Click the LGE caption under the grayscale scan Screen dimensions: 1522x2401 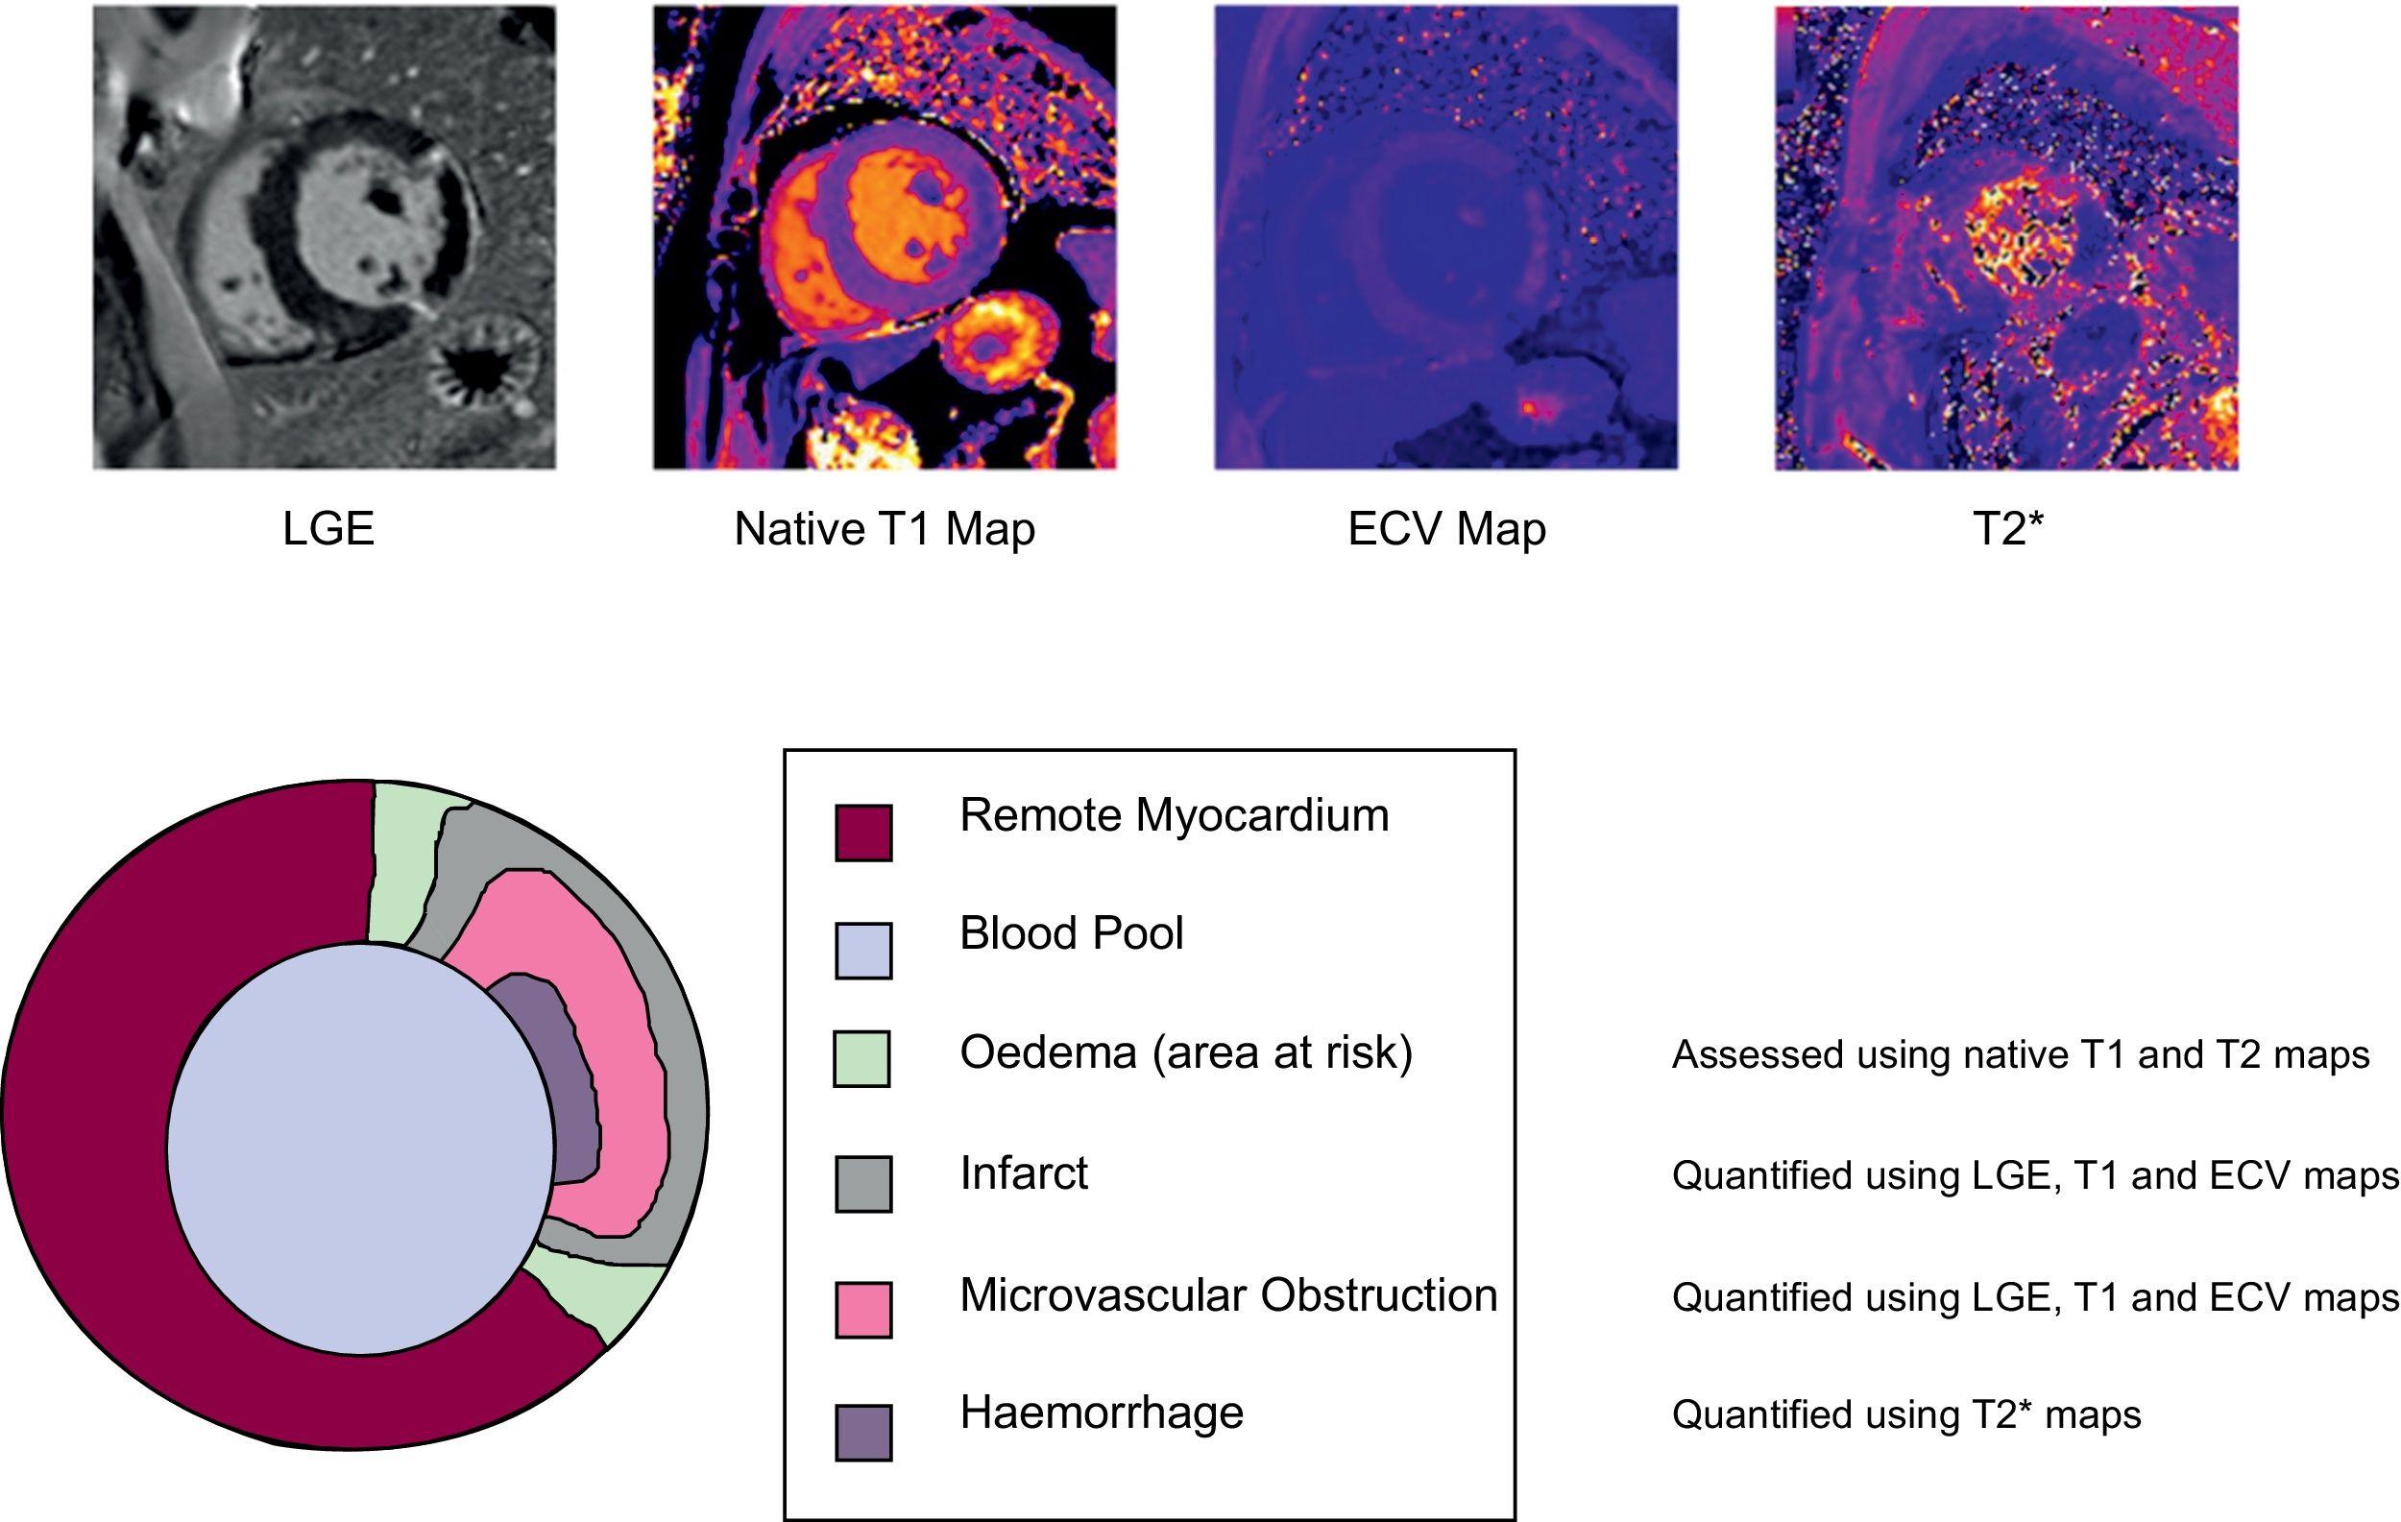pyautogui.click(x=328, y=528)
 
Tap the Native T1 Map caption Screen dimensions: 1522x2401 pyautogui.click(x=885, y=528)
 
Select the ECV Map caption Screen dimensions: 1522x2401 pyautogui.click(x=1445, y=528)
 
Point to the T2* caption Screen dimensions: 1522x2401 pyautogui.click(x=2008, y=528)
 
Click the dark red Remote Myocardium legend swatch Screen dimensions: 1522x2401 pyautogui.click(x=862, y=833)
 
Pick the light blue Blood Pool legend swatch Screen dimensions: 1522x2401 pyautogui.click(x=862, y=950)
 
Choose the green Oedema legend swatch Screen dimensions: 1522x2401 pyautogui.click(x=861, y=1058)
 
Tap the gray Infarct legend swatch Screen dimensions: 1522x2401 pyautogui.click(x=862, y=1183)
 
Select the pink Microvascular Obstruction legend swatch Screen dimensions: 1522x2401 pyautogui.click(x=862, y=1309)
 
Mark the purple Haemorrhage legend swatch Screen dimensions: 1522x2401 pyautogui.click(x=862, y=1433)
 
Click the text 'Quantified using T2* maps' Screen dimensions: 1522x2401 pyautogui.click(x=1905, y=1414)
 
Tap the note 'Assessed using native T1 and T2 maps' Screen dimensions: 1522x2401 pyautogui.click(x=2019, y=1054)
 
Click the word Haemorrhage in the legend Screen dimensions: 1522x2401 pyautogui.click(x=1101, y=1413)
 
